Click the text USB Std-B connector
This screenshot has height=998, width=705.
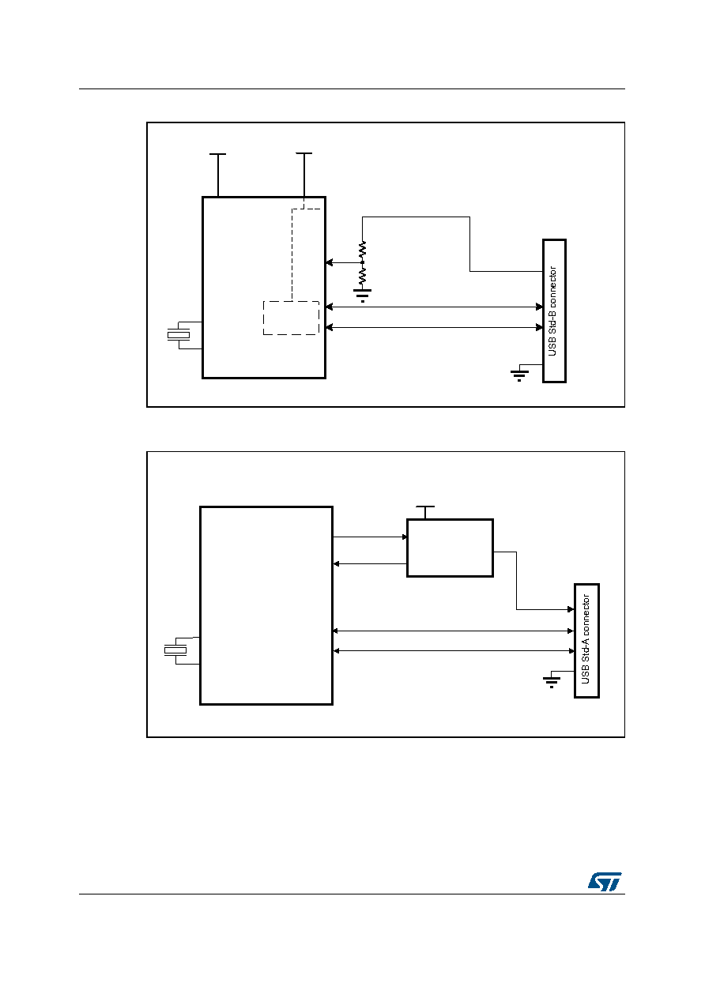552,311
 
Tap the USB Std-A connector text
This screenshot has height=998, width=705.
586,639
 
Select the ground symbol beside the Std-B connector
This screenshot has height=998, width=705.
519,375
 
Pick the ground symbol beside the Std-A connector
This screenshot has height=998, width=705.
552,682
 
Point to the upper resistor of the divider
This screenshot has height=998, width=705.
362,251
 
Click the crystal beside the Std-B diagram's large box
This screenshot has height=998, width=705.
179,335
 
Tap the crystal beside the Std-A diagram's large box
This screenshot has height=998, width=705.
175,651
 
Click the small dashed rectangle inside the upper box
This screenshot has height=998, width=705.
291,318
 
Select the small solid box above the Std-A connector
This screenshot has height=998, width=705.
450,548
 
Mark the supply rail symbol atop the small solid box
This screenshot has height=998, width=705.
425,512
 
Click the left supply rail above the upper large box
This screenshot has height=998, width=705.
218,175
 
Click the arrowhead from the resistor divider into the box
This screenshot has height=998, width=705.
330,262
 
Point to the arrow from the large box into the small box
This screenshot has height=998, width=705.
370,537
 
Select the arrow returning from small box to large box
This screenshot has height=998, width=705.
370,564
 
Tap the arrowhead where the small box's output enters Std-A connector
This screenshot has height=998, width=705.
571,609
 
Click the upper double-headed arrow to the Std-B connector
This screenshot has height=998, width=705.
435,307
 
